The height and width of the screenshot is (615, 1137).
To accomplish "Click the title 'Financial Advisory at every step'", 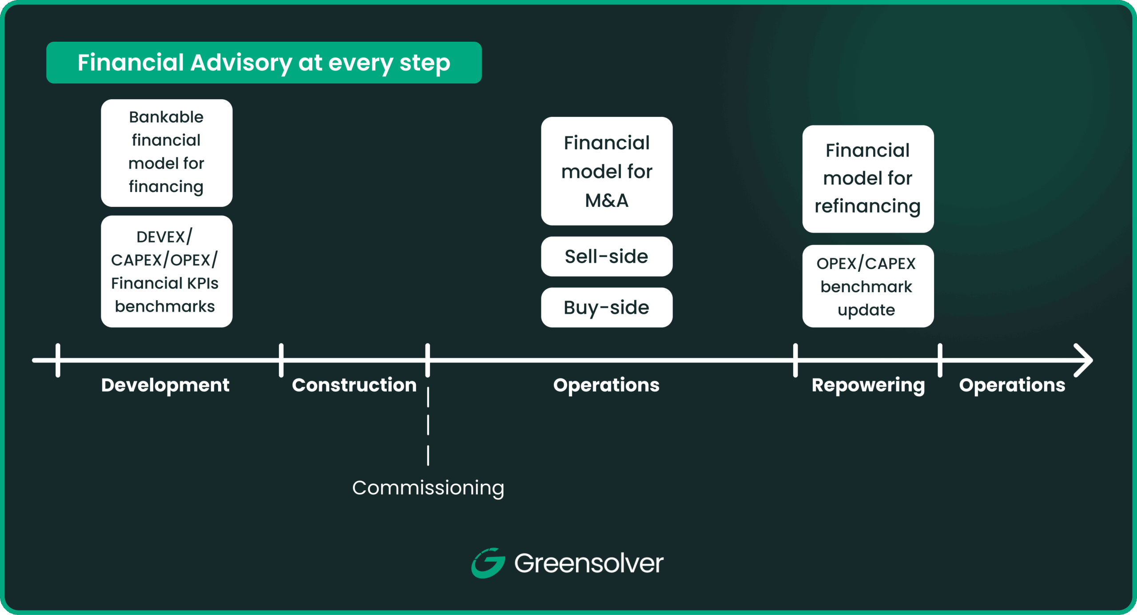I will pyautogui.click(x=264, y=63).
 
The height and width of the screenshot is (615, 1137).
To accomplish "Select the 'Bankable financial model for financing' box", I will pyautogui.click(x=167, y=153).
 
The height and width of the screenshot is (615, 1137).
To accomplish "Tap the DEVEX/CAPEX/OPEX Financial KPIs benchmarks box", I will pyautogui.click(x=167, y=271).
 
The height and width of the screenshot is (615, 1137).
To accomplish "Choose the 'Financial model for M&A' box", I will pyautogui.click(x=607, y=171).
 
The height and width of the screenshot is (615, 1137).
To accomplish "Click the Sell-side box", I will pyautogui.click(x=607, y=257).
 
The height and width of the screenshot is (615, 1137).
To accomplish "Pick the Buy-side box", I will pyautogui.click(x=607, y=308).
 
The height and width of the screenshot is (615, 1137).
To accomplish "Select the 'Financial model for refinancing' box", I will pyautogui.click(x=868, y=179).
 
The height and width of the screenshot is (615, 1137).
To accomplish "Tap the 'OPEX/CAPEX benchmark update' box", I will pyautogui.click(x=868, y=286).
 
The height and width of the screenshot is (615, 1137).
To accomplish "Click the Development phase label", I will pyautogui.click(x=165, y=385).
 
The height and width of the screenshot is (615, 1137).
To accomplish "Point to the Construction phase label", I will pyautogui.click(x=354, y=385).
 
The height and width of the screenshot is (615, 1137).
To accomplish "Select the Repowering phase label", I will pyautogui.click(x=868, y=385).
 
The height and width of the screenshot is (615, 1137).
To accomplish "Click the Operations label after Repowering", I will pyautogui.click(x=1012, y=385).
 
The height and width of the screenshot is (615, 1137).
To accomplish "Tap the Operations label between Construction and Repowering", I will pyautogui.click(x=606, y=385).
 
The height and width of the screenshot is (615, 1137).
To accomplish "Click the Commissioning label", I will pyautogui.click(x=428, y=488).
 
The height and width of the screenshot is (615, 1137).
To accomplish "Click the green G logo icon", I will pyautogui.click(x=488, y=563).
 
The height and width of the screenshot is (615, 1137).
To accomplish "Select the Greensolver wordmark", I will pyautogui.click(x=588, y=563).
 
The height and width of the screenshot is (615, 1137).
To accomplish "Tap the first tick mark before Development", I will pyautogui.click(x=58, y=360).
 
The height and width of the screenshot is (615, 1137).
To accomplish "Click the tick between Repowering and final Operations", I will pyautogui.click(x=940, y=360).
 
